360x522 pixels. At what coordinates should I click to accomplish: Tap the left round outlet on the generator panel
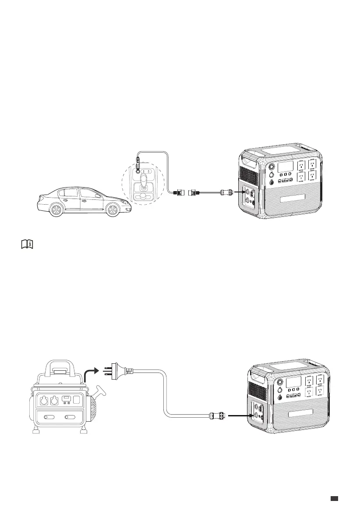[x=44, y=400]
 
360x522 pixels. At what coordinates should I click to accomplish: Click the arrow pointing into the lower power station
[x=240, y=414]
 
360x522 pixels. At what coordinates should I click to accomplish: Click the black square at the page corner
[x=334, y=498]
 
